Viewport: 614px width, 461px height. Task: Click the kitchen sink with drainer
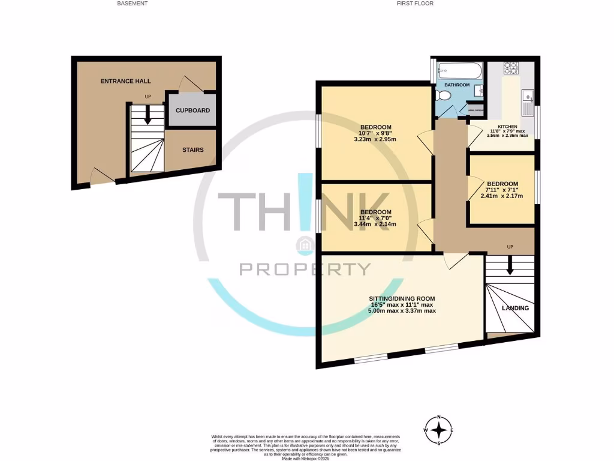click(x=528, y=103)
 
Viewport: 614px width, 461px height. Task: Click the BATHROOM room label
click(x=457, y=85)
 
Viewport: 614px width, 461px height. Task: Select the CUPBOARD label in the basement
click(x=192, y=110)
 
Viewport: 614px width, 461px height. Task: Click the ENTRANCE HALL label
click(x=125, y=81)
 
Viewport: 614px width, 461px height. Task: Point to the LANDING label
click(x=515, y=308)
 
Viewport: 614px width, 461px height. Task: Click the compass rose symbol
click(x=440, y=430)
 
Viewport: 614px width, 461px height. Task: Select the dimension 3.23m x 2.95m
click(x=375, y=139)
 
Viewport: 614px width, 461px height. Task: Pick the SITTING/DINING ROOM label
click(x=402, y=298)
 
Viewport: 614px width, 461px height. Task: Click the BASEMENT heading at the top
click(x=133, y=4)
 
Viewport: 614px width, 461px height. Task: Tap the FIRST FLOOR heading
click(x=415, y=4)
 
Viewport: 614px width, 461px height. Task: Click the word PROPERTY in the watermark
click(x=305, y=269)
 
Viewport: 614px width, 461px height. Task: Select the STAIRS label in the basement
click(x=192, y=150)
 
